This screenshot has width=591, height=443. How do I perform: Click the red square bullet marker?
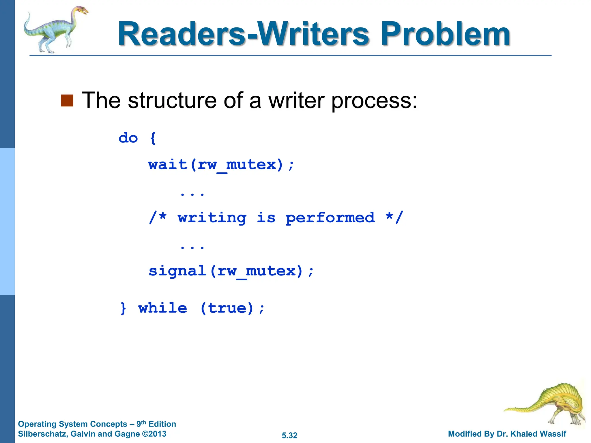[67, 100]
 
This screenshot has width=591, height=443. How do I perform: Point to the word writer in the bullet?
[297, 100]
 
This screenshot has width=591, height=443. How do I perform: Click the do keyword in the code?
[128, 138]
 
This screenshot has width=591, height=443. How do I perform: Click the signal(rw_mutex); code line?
[231, 271]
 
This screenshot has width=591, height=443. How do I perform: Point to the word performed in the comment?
[330, 218]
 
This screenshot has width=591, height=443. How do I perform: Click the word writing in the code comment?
[212, 218]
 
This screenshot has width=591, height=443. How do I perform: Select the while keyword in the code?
[163, 308]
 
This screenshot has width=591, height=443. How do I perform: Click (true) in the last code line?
[227, 308]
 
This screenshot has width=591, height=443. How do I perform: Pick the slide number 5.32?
[289, 436]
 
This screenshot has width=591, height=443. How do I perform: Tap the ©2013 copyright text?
[154, 434]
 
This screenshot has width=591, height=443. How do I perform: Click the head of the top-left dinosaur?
[82, 11]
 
